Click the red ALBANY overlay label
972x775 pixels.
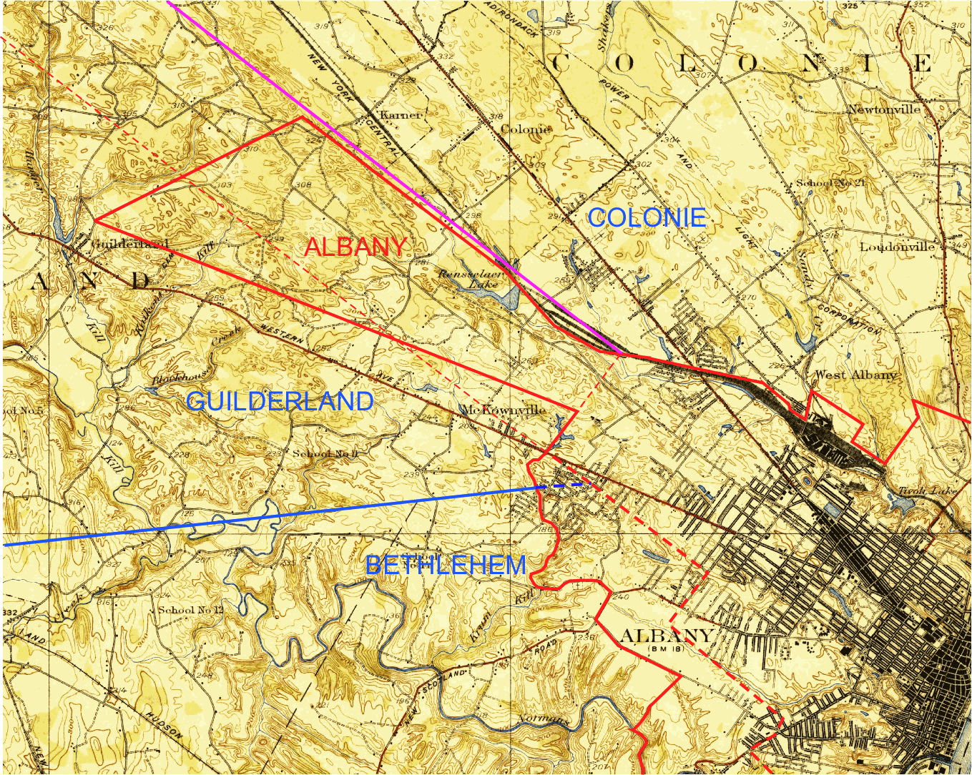pos(355,247)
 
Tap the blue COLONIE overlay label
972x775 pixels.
pos(647,217)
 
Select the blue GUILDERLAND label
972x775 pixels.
pos(280,401)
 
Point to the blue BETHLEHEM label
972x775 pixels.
pos(446,566)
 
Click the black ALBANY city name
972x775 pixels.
pos(666,636)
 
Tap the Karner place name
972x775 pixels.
pos(401,114)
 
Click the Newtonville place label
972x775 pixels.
pos(883,109)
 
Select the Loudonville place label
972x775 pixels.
pos(897,247)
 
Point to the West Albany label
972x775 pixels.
pos(855,375)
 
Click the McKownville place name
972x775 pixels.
pos(503,410)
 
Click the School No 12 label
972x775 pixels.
pos(190,610)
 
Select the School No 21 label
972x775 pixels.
pos(830,183)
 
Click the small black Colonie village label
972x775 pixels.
pos(525,129)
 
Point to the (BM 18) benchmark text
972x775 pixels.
pos(666,648)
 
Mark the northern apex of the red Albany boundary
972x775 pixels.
pos(301,117)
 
